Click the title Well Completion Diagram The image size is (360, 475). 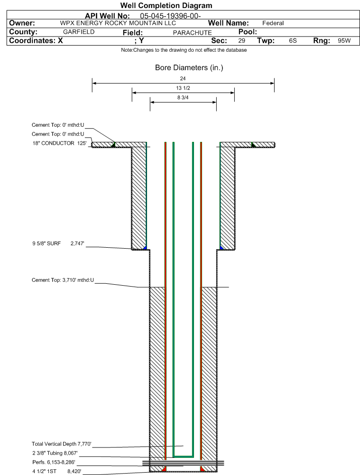point(166,5)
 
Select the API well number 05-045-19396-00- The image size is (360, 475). point(170,16)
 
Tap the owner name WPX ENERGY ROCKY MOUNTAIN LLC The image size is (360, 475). point(118,23)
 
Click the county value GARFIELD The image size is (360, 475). point(79,32)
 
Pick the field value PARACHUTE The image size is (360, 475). point(192,32)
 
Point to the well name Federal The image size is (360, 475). point(273,23)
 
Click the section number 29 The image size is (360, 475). point(241,41)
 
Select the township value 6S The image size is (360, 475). point(293,41)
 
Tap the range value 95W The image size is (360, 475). point(344,41)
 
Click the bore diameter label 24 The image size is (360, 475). point(183,78)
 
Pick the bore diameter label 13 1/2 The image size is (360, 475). point(183,88)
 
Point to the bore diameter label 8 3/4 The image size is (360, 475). point(183,98)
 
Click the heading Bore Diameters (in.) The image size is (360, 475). point(189,67)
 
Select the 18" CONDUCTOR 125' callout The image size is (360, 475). point(59,143)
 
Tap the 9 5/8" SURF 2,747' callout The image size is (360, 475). point(58,243)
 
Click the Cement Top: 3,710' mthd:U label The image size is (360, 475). point(63,280)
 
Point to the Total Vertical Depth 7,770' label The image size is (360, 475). point(62,444)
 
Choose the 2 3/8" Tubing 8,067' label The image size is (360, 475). point(55,453)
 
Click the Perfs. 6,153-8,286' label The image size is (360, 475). point(54,462)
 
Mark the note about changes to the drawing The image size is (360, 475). point(184,50)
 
